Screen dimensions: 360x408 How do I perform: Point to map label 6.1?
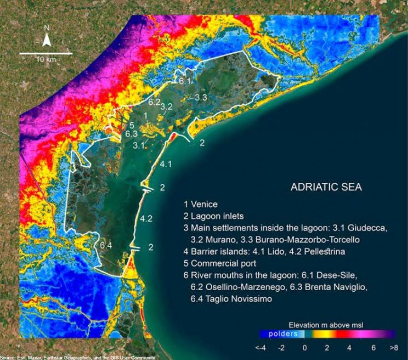point(184,81)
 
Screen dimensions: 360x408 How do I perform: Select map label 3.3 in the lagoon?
point(200,97)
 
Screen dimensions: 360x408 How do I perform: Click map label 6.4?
point(106,245)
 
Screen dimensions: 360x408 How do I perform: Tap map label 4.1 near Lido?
point(166,164)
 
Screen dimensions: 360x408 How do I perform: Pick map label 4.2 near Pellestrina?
point(146,219)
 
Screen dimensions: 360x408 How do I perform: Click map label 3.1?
point(139,145)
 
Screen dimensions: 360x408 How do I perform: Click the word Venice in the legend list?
point(204,204)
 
